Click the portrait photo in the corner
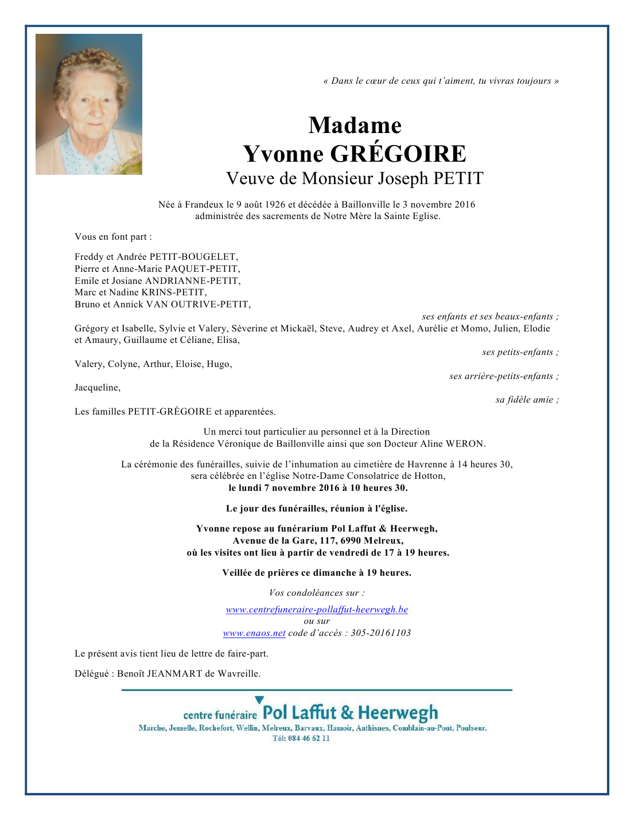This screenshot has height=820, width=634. pyautogui.click(x=89, y=104)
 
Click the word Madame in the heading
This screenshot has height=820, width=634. pyautogui.click(x=355, y=126)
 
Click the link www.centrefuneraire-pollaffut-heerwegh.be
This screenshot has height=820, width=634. pyautogui.click(x=317, y=610)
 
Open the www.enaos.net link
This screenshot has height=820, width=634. pyautogui.click(x=254, y=633)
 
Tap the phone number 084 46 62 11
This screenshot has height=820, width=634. pyautogui.click(x=309, y=739)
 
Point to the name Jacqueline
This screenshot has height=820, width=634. pyautogui.click(x=97, y=388)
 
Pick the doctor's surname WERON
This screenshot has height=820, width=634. pyautogui.click(x=465, y=444)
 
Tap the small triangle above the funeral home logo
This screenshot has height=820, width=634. pyautogui.click(x=259, y=700)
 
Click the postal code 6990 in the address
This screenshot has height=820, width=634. pyautogui.click(x=351, y=541)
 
